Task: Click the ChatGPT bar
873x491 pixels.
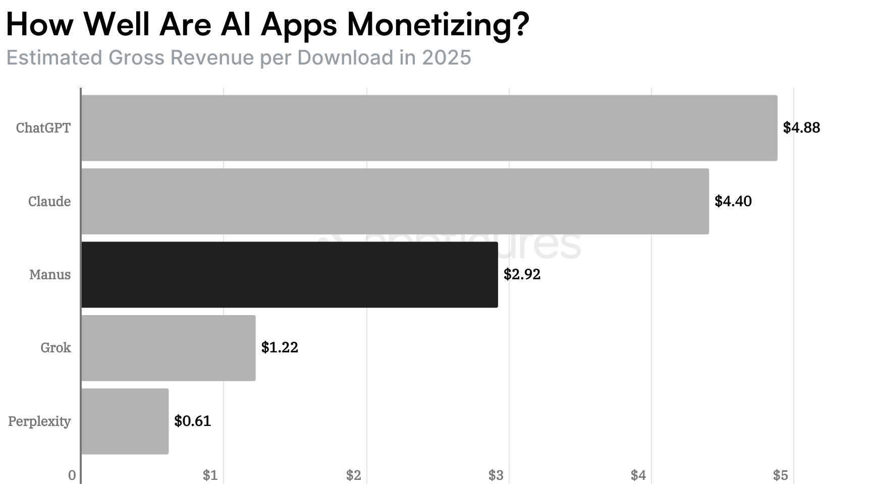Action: click(x=429, y=128)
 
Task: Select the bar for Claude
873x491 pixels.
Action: click(x=395, y=202)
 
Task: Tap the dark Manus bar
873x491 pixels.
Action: click(x=289, y=275)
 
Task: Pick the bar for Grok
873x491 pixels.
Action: click(x=168, y=348)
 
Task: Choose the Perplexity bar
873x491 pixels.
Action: click(x=125, y=421)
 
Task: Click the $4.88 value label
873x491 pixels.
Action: click(x=801, y=128)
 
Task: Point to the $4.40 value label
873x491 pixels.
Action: click(x=733, y=202)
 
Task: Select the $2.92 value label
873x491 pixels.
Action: click(x=522, y=275)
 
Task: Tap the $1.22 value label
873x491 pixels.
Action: click(x=280, y=348)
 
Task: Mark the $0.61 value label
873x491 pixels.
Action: click(x=192, y=421)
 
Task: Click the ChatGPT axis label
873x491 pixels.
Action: click(x=43, y=128)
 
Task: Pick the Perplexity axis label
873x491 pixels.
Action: click(x=39, y=421)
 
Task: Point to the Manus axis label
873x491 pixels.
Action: click(x=50, y=275)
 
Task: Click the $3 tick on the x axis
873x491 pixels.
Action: click(x=496, y=475)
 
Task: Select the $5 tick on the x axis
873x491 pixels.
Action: click(x=780, y=475)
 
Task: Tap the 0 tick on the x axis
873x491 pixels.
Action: click(x=72, y=475)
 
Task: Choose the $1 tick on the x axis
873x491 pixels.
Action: click(x=210, y=475)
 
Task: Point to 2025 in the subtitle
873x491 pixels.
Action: click(x=446, y=58)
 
